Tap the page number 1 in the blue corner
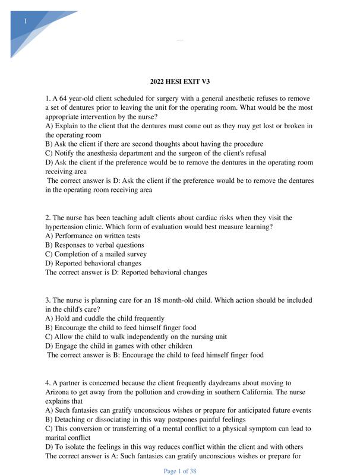(x=26, y=21)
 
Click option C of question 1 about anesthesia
(x=156, y=153)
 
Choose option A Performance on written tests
(x=93, y=236)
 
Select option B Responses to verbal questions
(x=94, y=245)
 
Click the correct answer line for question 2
(x=126, y=273)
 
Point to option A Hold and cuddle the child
(x=105, y=318)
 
